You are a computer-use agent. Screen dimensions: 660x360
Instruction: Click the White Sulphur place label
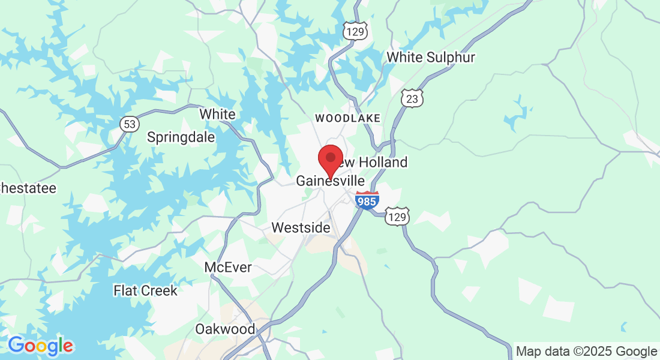[x=431, y=58]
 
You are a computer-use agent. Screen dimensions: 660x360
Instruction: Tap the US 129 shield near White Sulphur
[x=355, y=31]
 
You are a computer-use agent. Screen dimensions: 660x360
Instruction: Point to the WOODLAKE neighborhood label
[x=347, y=118]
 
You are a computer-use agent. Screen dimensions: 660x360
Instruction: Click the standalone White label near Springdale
[x=217, y=114]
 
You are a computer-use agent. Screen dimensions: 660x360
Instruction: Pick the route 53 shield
[x=130, y=124]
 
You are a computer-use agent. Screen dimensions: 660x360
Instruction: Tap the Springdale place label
[x=181, y=137]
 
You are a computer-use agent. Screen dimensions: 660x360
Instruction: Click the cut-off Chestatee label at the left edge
[x=28, y=188]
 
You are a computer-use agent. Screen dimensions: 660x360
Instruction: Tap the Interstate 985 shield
[x=367, y=200]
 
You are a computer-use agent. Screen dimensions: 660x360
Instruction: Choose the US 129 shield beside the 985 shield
[x=397, y=216]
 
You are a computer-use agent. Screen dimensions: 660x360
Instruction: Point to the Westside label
[x=301, y=228]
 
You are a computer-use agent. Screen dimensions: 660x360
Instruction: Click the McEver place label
[x=228, y=267]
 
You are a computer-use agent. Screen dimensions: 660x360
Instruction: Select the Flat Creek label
[x=145, y=291]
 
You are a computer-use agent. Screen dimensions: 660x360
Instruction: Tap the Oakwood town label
[x=225, y=329]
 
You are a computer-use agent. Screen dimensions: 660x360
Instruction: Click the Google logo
[x=41, y=346]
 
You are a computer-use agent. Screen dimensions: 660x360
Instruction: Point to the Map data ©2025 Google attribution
[x=586, y=352]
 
